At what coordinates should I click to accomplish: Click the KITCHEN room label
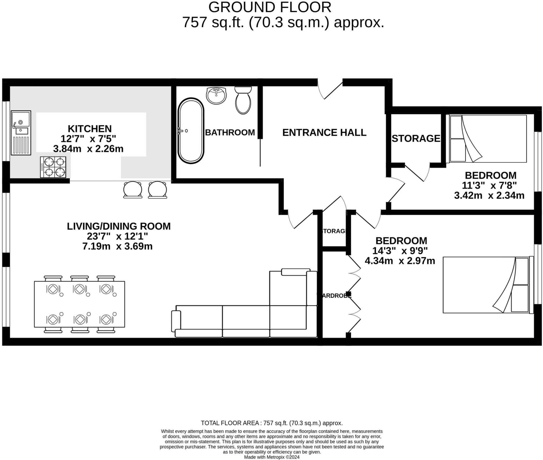[90, 129]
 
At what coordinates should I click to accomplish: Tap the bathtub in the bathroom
[191, 131]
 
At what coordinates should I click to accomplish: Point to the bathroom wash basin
[216, 96]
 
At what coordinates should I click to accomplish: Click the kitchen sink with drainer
[21, 133]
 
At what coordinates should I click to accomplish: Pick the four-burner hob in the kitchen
[53, 167]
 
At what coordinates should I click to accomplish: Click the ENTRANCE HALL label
[324, 132]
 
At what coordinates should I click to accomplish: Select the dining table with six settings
[79, 304]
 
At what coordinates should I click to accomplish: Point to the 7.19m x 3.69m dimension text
[117, 247]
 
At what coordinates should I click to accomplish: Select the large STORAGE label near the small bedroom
[416, 139]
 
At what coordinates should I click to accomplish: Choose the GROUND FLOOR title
[270, 7]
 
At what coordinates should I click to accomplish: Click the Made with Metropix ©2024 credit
[271, 457]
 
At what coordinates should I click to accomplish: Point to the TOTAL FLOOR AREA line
[271, 423]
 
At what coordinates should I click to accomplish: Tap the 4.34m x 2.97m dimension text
[400, 261]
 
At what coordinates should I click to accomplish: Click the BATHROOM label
[230, 132]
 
